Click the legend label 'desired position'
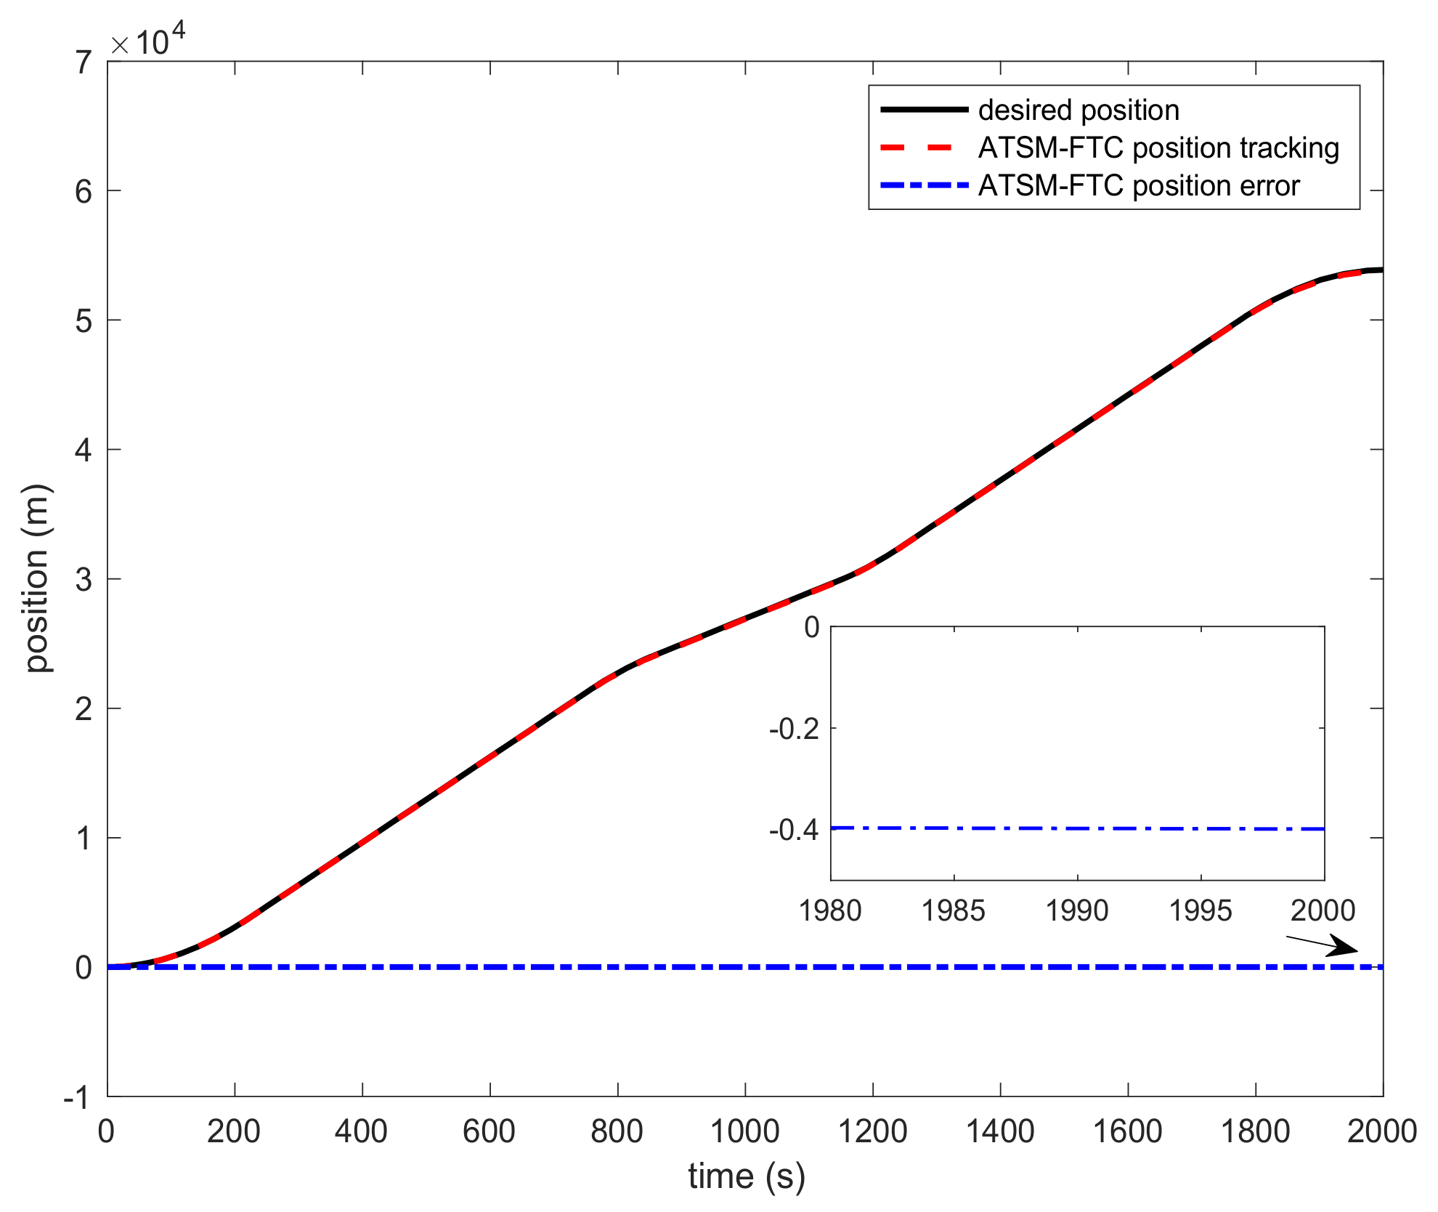pyautogui.click(x=1078, y=110)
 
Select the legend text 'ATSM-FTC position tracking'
pyautogui.click(x=1158, y=148)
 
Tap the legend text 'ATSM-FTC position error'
pyautogui.click(x=1138, y=186)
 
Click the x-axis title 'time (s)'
pyautogui.click(x=746, y=1176)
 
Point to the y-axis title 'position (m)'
pyautogui.click(x=36, y=578)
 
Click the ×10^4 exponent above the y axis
pyautogui.click(x=147, y=41)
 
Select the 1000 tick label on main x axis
pyautogui.click(x=744, y=1131)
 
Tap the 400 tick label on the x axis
pyautogui.click(x=361, y=1131)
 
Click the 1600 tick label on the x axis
pyautogui.click(x=1127, y=1131)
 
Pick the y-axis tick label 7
pyautogui.click(x=84, y=62)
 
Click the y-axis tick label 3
pyautogui.click(x=84, y=580)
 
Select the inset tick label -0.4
pyautogui.click(x=794, y=830)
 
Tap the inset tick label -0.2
pyautogui.click(x=794, y=729)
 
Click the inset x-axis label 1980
pyautogui.click(x=829, y=910)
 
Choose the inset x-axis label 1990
pyautogui.click(x=1076, y=910)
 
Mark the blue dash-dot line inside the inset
pyautogui.click(x=1077, y=828)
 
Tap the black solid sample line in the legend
pyautogui.click(x=924, y=110)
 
